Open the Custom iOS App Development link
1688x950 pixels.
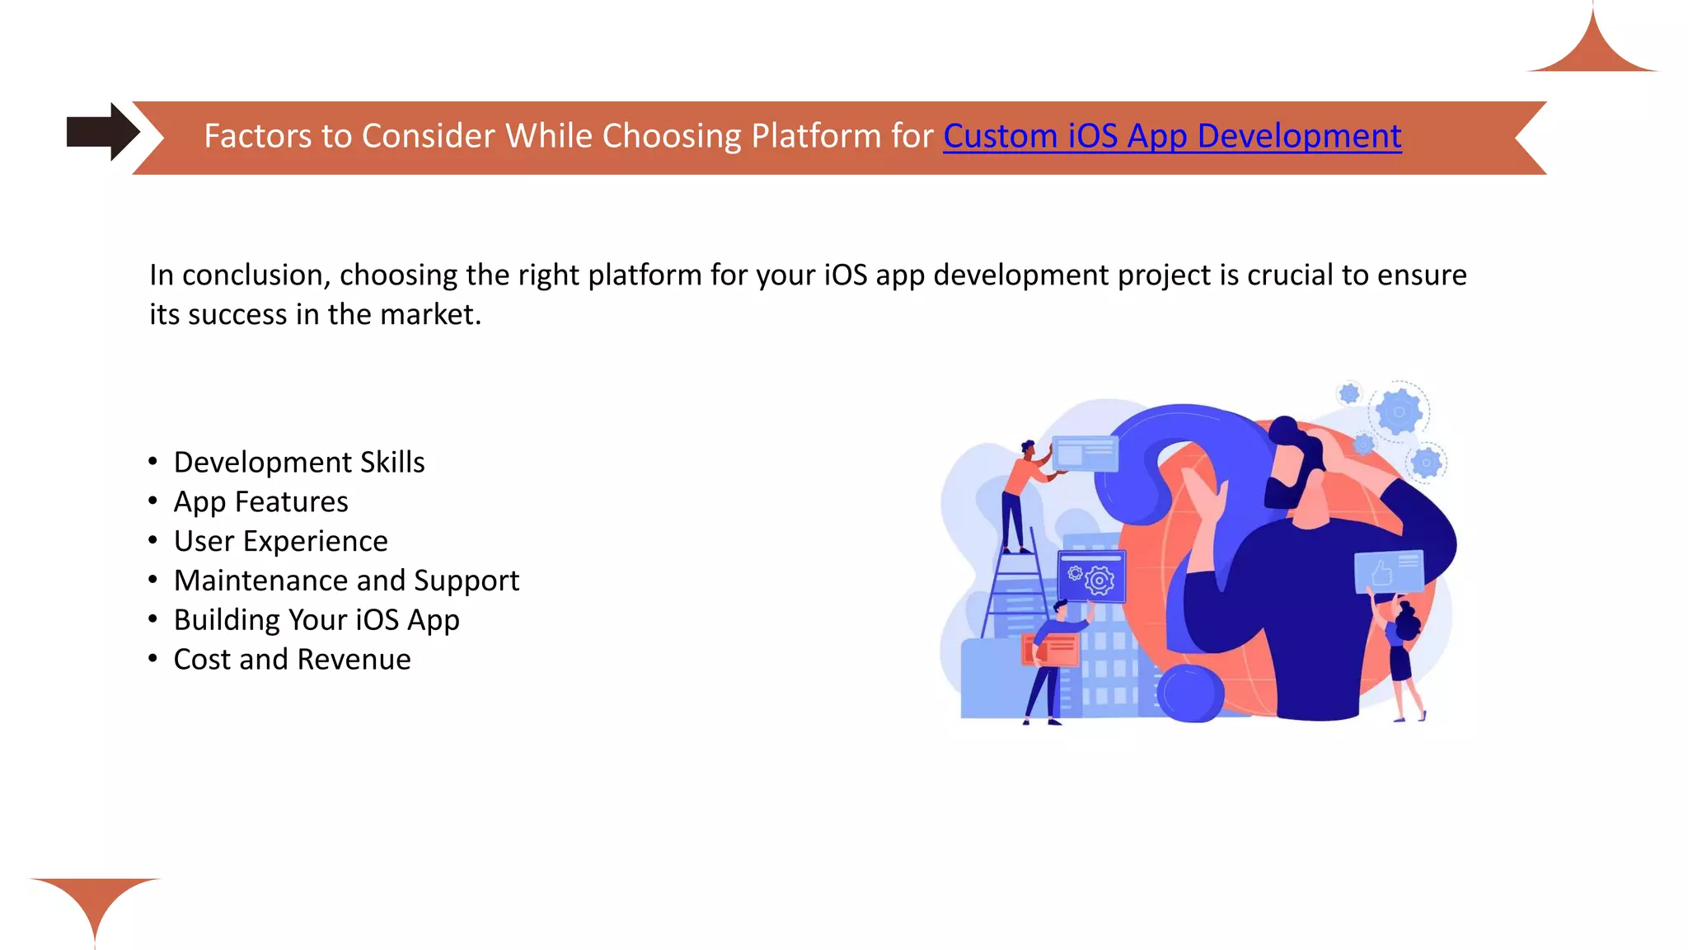(x=1171, y=136)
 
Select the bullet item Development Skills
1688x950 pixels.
(x=299, y=463)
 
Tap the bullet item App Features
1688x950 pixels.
(x=260, y=502)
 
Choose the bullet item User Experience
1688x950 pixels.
(x=280, y=542)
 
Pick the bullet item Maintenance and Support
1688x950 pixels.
(x=346, y=581)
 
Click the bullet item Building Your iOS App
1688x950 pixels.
(x=316, y=620)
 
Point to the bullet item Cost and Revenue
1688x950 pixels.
(x=292, y=660)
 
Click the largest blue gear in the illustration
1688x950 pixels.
(x=1399, y=411)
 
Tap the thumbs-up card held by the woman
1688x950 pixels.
(x=1389, y=571)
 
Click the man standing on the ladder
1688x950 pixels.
(x=1020, y=495)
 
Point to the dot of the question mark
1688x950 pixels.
(x=1190, y=693)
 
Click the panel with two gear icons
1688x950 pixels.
(x=1090, y=576)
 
